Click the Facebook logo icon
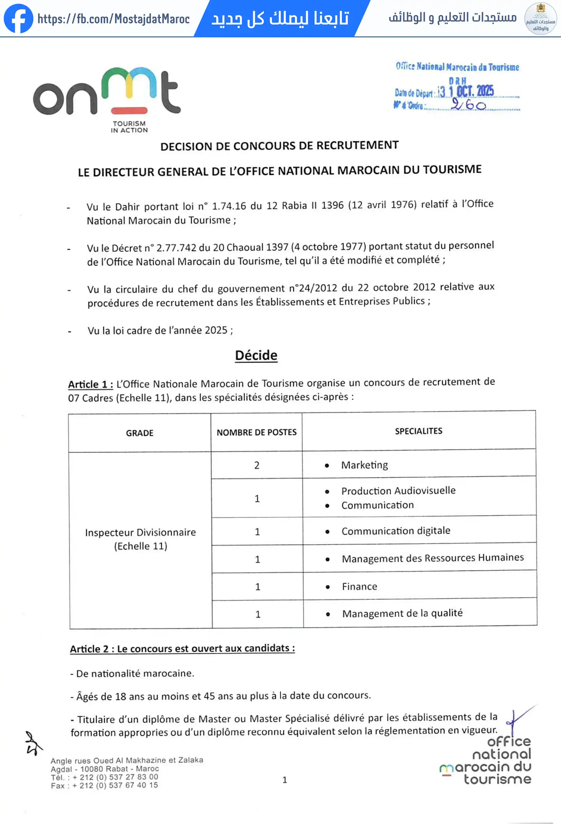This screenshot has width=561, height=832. coord(18,18)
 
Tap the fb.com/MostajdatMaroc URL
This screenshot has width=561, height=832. coord(113,19)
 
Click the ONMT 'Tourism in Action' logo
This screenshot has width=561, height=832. coord(107,99)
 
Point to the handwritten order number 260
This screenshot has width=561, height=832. coord(468,105)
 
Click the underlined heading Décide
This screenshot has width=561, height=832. coord(256,355)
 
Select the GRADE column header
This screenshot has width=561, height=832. coord(139,433)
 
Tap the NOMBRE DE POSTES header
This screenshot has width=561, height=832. coord(256,432)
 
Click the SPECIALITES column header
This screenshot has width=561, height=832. coord(418,431)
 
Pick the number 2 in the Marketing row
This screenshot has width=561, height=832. coord(257,465)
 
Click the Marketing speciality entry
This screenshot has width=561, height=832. coord(364,465)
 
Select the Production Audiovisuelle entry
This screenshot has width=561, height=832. coord(398,491)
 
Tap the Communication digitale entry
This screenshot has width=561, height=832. coord(396,531)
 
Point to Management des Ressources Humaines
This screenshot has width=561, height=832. coord(433,558)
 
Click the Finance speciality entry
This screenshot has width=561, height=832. coord(359,586)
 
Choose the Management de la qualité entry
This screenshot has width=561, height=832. coord(402,613)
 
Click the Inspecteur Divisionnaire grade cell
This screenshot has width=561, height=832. coord(141,539)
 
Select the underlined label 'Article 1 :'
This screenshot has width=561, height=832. coord(91,385)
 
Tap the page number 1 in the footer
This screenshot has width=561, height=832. coord(285,780)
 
